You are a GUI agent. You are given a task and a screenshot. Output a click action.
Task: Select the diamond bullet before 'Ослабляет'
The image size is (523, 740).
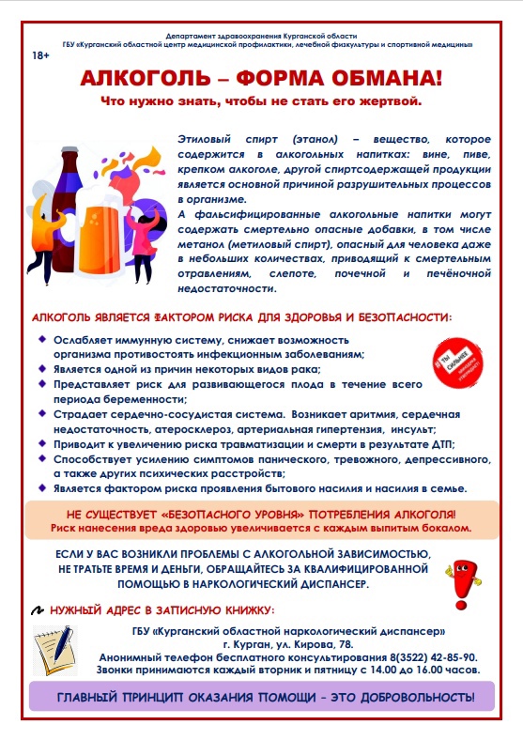40,338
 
